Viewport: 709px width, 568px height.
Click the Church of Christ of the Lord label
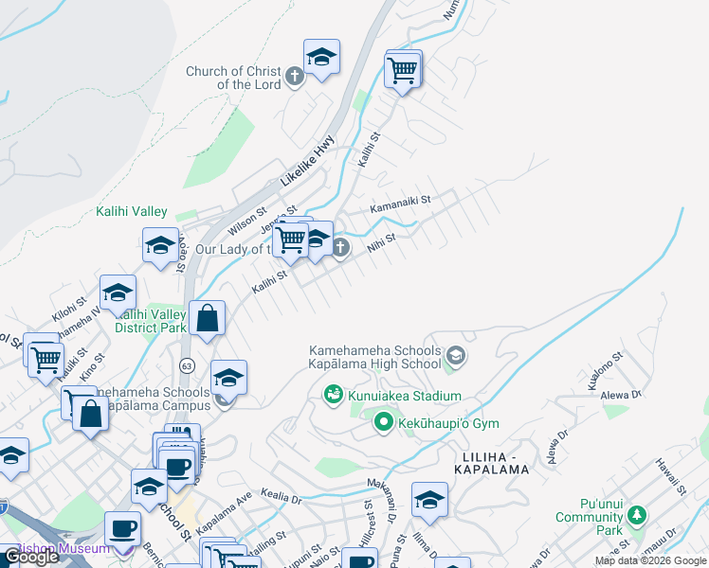[x=233, y=78]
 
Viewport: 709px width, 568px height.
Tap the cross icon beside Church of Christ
[x=294, y=76]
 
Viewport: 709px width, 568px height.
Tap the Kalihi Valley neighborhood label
[x=131, y=212]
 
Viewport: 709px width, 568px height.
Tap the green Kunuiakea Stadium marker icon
[x=333, y=395]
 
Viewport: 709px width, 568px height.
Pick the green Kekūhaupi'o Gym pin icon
[x=383, y=422]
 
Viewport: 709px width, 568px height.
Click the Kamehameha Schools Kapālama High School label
[x=374, y=357]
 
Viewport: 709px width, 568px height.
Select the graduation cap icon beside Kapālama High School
[x=455, y=356]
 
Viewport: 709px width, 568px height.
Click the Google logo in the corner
[x=31, y=558]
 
